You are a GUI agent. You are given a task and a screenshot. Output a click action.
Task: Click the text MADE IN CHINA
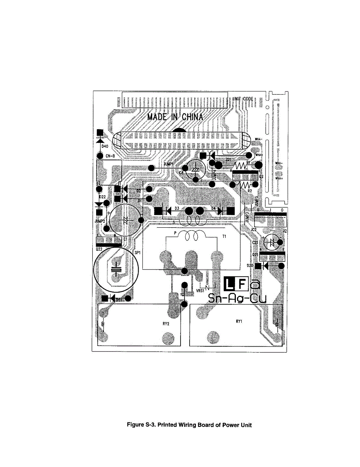coord(175,117)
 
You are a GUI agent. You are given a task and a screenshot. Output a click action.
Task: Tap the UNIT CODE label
coord(243,99)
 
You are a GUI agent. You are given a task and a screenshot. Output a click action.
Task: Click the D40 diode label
coord(105,146)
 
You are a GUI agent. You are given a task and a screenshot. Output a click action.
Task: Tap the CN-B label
coord(110,156)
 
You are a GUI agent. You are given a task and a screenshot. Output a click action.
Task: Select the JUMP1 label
coord(168,164)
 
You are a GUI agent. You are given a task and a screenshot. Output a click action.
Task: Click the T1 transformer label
coord(224,237)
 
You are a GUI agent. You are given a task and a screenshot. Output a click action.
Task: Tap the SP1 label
coord(137,253)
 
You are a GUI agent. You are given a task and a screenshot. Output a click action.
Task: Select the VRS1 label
coord(200,290)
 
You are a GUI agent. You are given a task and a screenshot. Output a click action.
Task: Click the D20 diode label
coord(250,266)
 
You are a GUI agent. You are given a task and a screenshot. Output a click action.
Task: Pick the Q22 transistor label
coord(99,249)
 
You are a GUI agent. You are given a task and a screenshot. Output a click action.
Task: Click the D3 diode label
coord(177,209)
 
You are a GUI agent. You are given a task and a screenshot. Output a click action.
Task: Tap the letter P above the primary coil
coord(176,233)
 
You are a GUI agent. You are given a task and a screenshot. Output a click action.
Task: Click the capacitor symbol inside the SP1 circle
coord(116,270)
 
